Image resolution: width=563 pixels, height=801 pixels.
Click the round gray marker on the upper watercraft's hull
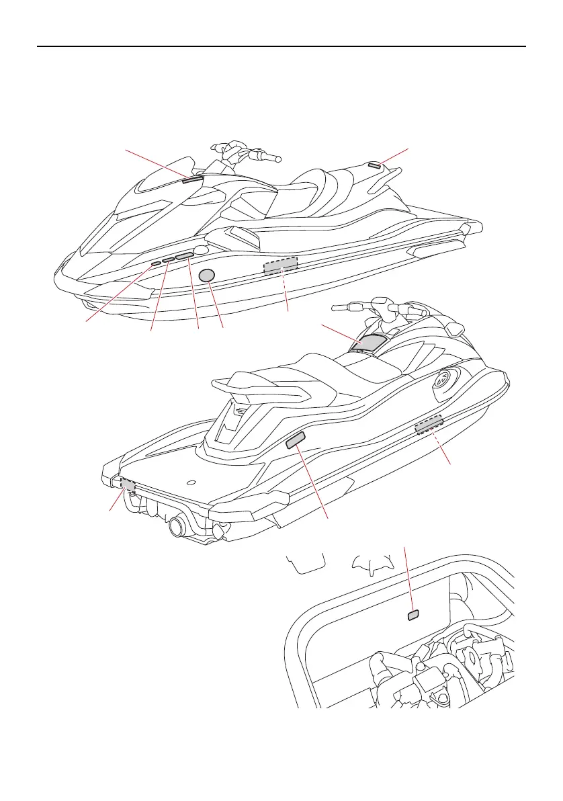coord(208,274)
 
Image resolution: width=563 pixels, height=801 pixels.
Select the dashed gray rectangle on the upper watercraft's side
coord(280,266)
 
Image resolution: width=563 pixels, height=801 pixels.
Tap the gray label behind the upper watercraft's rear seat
coord(375,165)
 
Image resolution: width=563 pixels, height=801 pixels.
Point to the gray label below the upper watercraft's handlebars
coord(191,179)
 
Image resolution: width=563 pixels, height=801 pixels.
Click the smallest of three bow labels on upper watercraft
coord(156,264)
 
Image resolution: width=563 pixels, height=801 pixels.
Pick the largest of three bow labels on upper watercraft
coord(185,256)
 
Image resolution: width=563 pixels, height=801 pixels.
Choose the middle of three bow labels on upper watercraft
coord(168,260)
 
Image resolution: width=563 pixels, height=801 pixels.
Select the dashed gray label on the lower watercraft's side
coord(429,425)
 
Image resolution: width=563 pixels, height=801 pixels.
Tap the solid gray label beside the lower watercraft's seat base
coord(296,440)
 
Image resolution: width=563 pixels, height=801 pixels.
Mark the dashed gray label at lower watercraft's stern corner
coord(127,484)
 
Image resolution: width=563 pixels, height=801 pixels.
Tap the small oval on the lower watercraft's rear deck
coord(191,482)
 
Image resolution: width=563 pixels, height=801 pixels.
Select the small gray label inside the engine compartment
coord(414,614)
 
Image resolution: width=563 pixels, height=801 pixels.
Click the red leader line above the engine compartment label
coord(408,578)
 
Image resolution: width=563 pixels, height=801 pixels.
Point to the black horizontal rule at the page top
coord(281,47)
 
